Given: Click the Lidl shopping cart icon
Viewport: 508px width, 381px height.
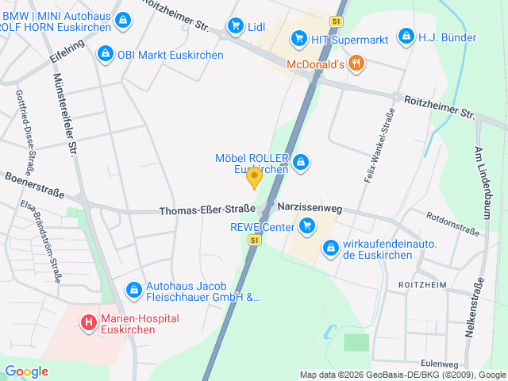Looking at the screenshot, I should pyautogui.click(x=235, y=27).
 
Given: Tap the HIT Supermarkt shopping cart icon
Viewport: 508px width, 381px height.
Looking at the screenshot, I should pyautogui.click(x=298, y=37).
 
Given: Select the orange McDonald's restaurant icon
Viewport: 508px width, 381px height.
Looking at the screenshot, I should pyautogui.click(x=356, y=63).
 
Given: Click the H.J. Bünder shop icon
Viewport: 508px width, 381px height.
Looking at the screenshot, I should pyautogui.click(x=406, y=37).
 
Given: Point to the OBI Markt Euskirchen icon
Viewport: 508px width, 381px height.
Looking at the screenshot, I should pyautogui.click(x=105, y=54).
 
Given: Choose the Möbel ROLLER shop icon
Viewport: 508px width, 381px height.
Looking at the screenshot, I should pyautogui.click(x=300, y=164).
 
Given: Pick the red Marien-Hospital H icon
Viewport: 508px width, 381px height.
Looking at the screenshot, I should pyautogui.click(x=89, y=323).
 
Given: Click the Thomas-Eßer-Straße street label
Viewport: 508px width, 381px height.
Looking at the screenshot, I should pyautogui.click(x=206, y=211).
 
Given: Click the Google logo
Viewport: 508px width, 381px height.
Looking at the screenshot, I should pyautogui.click(x=26, y=371).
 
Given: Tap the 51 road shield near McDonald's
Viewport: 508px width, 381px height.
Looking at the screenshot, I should pyautogui.click(x=339, y=21).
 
